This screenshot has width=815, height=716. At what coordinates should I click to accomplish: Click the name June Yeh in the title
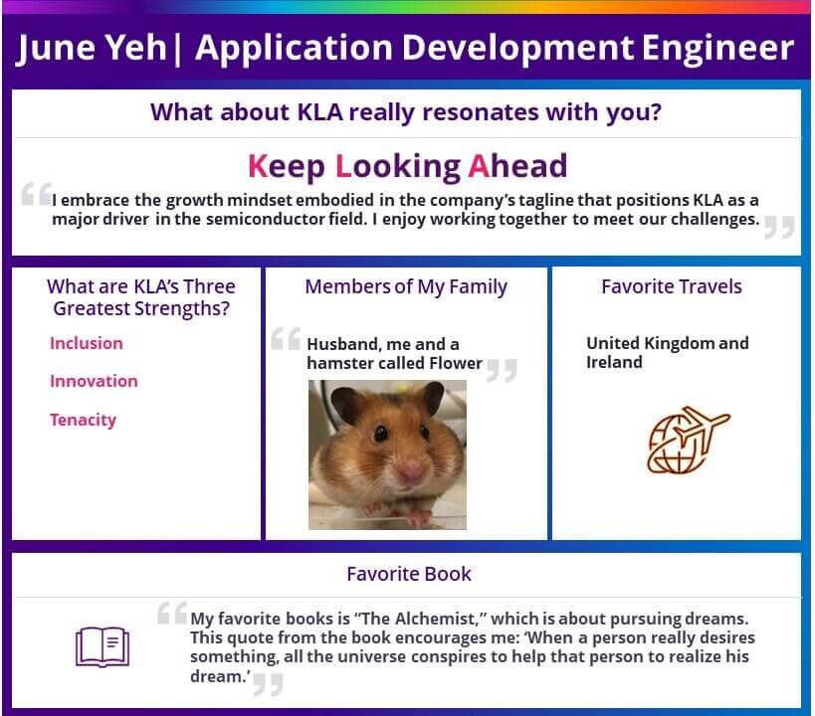pos(91,48)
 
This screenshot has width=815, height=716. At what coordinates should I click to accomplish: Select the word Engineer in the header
pos(717,50)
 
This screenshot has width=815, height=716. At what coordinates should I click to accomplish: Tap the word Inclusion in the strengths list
pos(87,343)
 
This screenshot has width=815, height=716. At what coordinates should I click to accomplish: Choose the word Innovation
pos(95,382)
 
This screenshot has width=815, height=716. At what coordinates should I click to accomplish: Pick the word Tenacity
pos(84,421)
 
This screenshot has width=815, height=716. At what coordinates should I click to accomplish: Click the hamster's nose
pos(411,471)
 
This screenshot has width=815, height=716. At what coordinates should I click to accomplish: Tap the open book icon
pos(102,646)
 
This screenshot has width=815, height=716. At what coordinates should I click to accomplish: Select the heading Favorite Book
pos(409,574)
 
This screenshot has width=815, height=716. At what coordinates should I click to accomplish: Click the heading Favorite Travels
pos(672,286)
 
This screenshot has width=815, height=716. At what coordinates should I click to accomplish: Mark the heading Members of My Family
pos(406,287)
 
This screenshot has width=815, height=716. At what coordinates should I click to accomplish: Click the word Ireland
pos(614,362)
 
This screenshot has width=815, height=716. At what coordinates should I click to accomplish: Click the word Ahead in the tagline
pos(517,166)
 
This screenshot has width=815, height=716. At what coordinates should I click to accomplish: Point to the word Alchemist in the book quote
pos(436,619)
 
